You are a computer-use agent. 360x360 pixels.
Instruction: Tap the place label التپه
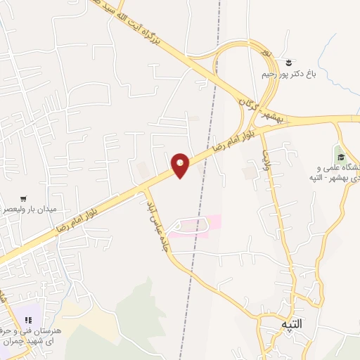click(290, 324)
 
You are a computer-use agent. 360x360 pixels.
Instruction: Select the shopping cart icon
click(25, 198)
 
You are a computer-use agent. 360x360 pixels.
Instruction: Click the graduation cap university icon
click(341, 156)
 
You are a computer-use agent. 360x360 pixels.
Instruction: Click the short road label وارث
click(266, 161)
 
